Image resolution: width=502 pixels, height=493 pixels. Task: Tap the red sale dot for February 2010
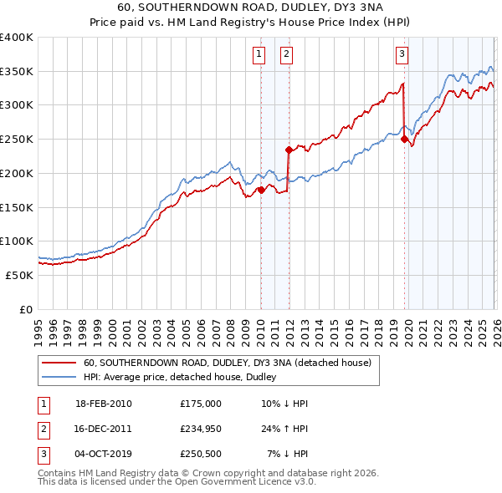pyautogui.click(x=261, y=190)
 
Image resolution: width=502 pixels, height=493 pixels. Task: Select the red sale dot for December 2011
pyautogui.click(x=289, y=150)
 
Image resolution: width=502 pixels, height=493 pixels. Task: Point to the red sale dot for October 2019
pyautogui.click(x=404, y=140)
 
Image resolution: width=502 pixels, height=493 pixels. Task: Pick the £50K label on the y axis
pyautogui.click(x=18, y=275)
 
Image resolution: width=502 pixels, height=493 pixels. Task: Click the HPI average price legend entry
pyautogui.click(x=180, y=378)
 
